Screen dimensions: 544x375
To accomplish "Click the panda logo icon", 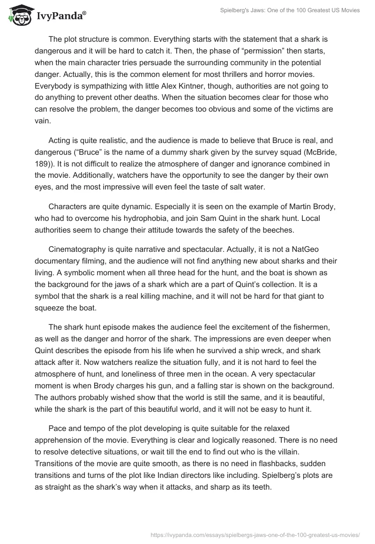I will [x=19, y=16].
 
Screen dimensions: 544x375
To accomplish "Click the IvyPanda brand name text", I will [x=60, y=17].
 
